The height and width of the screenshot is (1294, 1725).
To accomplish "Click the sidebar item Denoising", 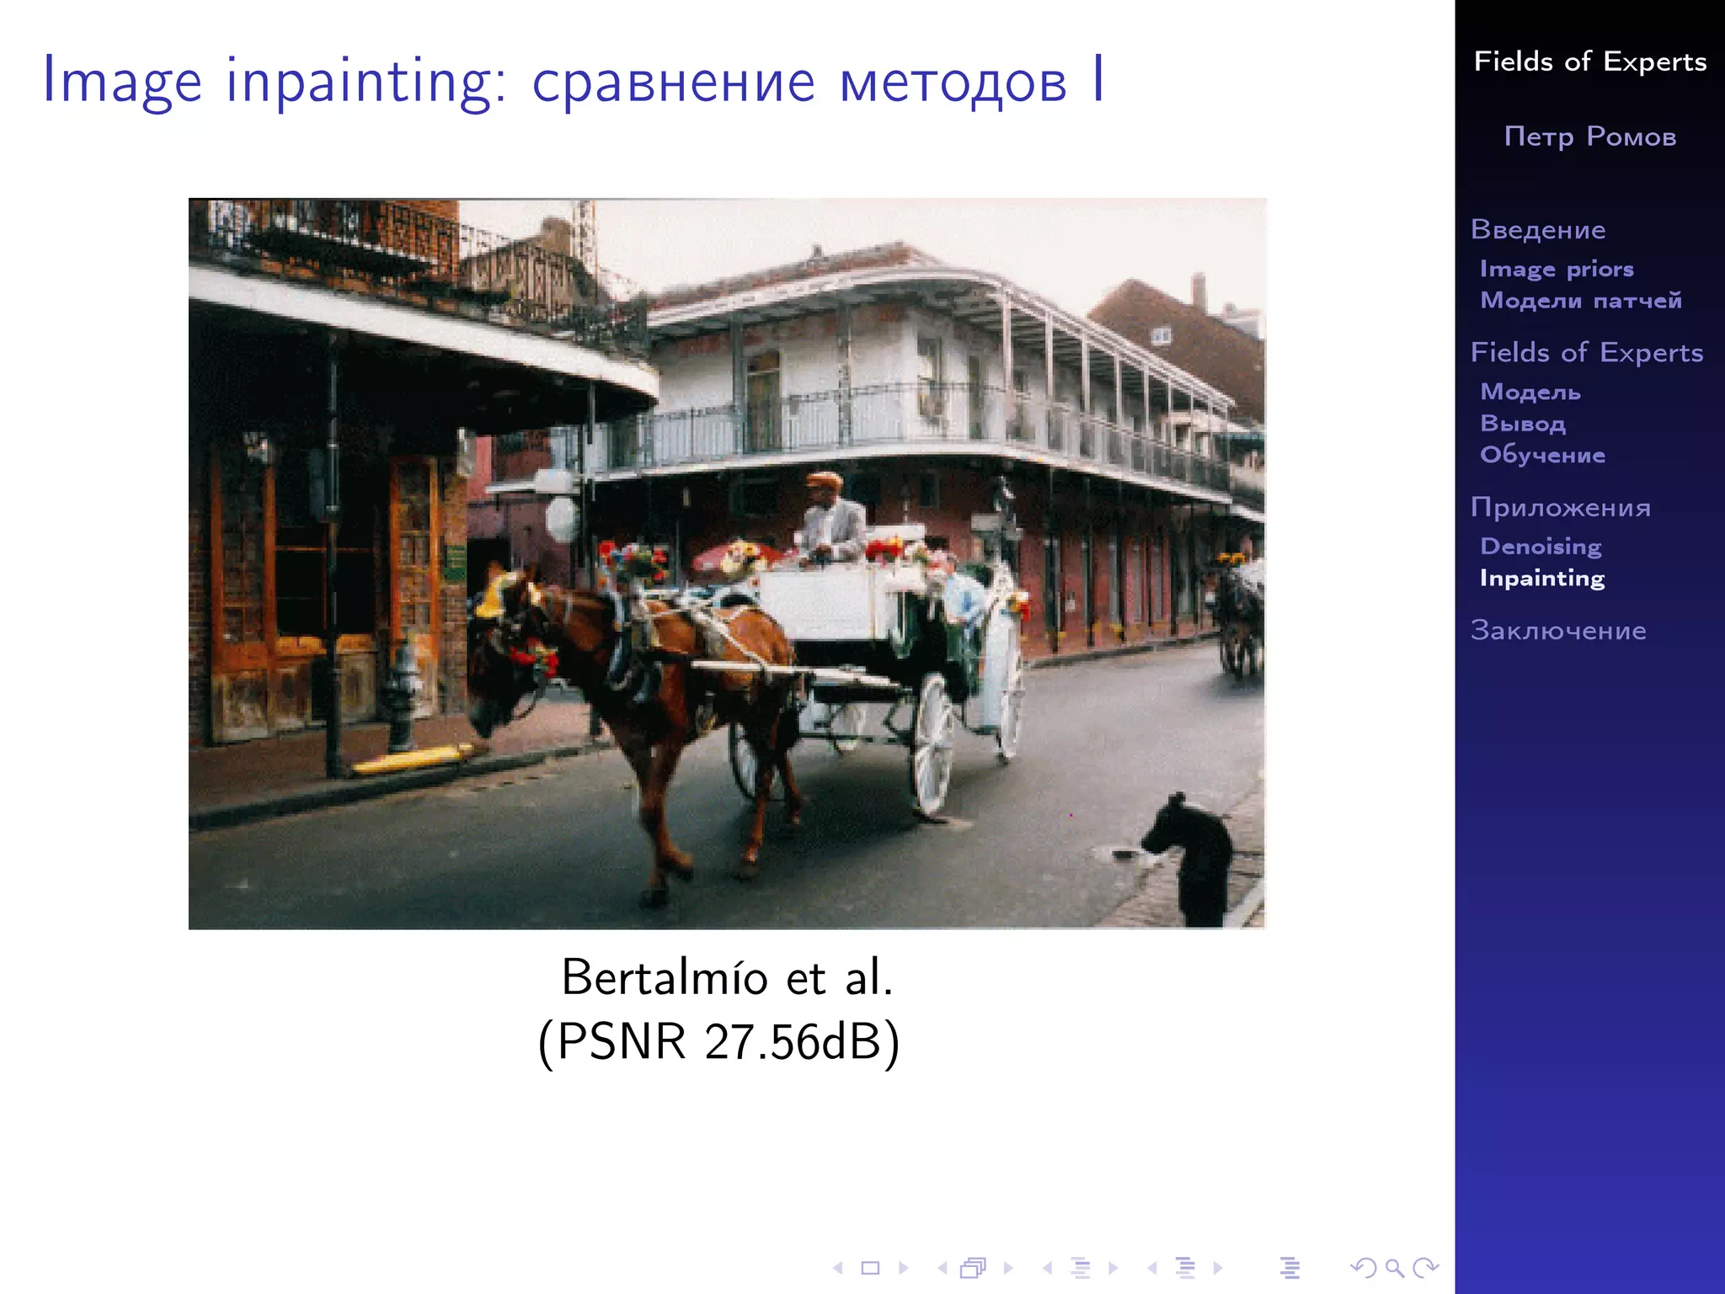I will pyautogui.click(x=1541, y=547).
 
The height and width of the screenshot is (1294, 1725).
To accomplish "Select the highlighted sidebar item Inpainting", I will pyautogui.click(x=1542, y=579).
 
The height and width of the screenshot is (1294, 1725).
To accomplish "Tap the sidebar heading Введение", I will pyautogui.click(x=1538, y=230).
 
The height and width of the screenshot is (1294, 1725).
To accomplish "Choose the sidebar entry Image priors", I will pyautogui.click(x=1557, y=270).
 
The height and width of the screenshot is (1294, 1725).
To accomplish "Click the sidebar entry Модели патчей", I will pyautogui.click(x=1581, y=301).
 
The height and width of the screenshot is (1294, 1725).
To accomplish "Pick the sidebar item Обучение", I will pyautogui.click(x=1543, y=455).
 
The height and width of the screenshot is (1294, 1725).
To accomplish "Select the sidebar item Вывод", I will pyautogui.click(x=1523, y=424).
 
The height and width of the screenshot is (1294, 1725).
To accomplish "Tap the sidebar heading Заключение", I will pyautogui.click(x=1558, y=631).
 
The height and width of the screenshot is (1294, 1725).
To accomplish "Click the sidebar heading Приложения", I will pyautogui.click(x=1560, y=507).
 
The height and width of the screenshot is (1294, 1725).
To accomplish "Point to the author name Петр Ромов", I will pyautogui.click(x=1590, y=136).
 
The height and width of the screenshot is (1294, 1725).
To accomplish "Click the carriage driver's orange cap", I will pyautogui.click(x=824, y=480).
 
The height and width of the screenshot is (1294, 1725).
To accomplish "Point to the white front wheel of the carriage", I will pyautogui.click(x=933, y=743).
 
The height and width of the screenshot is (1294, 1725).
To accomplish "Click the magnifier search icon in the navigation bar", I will pyautogui.click(x=1394, y=1268).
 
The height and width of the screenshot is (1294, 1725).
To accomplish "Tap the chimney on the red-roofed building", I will pyautogui.click(x=1199, y=291).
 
